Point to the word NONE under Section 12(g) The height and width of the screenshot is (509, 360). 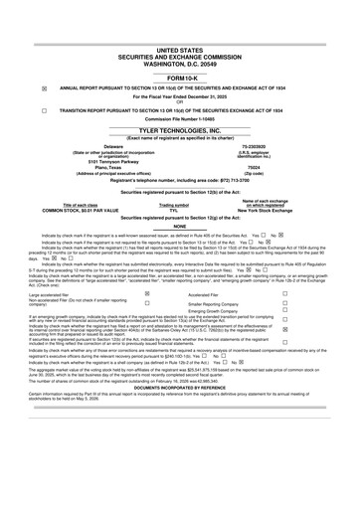(179, 226)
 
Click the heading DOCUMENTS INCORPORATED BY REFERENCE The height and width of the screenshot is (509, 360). (179, 385)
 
